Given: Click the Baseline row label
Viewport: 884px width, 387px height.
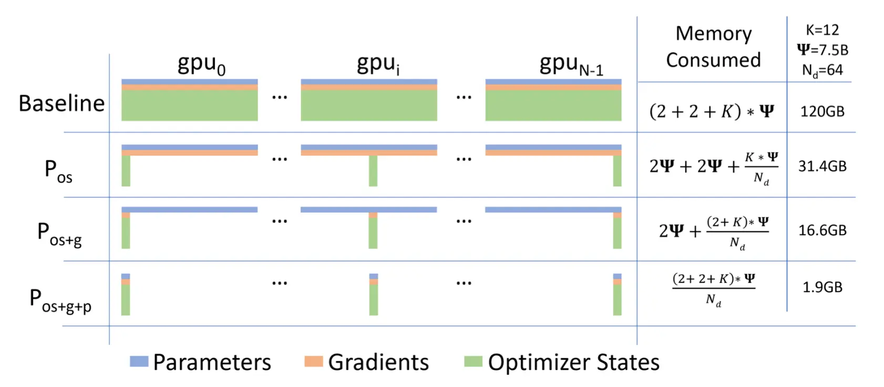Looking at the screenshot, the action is [x=61, y=104].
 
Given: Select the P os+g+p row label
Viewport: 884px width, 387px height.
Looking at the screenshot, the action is [x=60, y=301].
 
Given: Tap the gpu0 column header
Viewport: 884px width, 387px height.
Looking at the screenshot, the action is [x=201, y=64].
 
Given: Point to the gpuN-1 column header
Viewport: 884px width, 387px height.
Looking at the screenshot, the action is [x=571, y=64].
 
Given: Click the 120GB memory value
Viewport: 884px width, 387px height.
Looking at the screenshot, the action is [x=822, y=112].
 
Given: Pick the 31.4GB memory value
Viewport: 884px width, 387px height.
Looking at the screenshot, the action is [x=822, y=166].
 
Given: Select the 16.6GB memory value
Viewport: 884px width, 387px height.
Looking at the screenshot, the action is [x=823, y=230].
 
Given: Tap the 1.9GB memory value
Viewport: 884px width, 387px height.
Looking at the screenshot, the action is [x=823, y=287].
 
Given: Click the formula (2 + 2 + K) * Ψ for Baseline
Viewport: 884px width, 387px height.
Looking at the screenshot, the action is [x=712, y=111].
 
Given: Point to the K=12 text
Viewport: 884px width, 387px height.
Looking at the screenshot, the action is [x=823, y=29].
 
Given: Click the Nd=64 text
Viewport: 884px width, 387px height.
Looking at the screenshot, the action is [x=823, y=70].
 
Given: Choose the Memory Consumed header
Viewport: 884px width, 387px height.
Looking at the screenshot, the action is [x=714, y=47].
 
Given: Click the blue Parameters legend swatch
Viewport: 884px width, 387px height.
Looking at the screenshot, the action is [x=139, y=361].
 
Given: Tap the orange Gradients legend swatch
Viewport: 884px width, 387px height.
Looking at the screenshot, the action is [x=314, y=361].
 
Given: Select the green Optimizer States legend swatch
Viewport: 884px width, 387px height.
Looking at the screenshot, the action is [x=473, y=361].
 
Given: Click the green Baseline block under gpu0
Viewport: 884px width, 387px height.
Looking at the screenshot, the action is [x=189, y=106].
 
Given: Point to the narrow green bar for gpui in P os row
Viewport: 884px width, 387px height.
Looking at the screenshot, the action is [x=373, y=170].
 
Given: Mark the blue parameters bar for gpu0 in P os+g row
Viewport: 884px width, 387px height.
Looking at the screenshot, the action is [x=189, y=210].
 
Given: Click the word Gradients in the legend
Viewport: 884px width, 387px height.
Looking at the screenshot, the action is [x=378, y=362].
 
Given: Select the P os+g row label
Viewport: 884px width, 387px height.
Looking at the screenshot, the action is [x=59, y=234].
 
